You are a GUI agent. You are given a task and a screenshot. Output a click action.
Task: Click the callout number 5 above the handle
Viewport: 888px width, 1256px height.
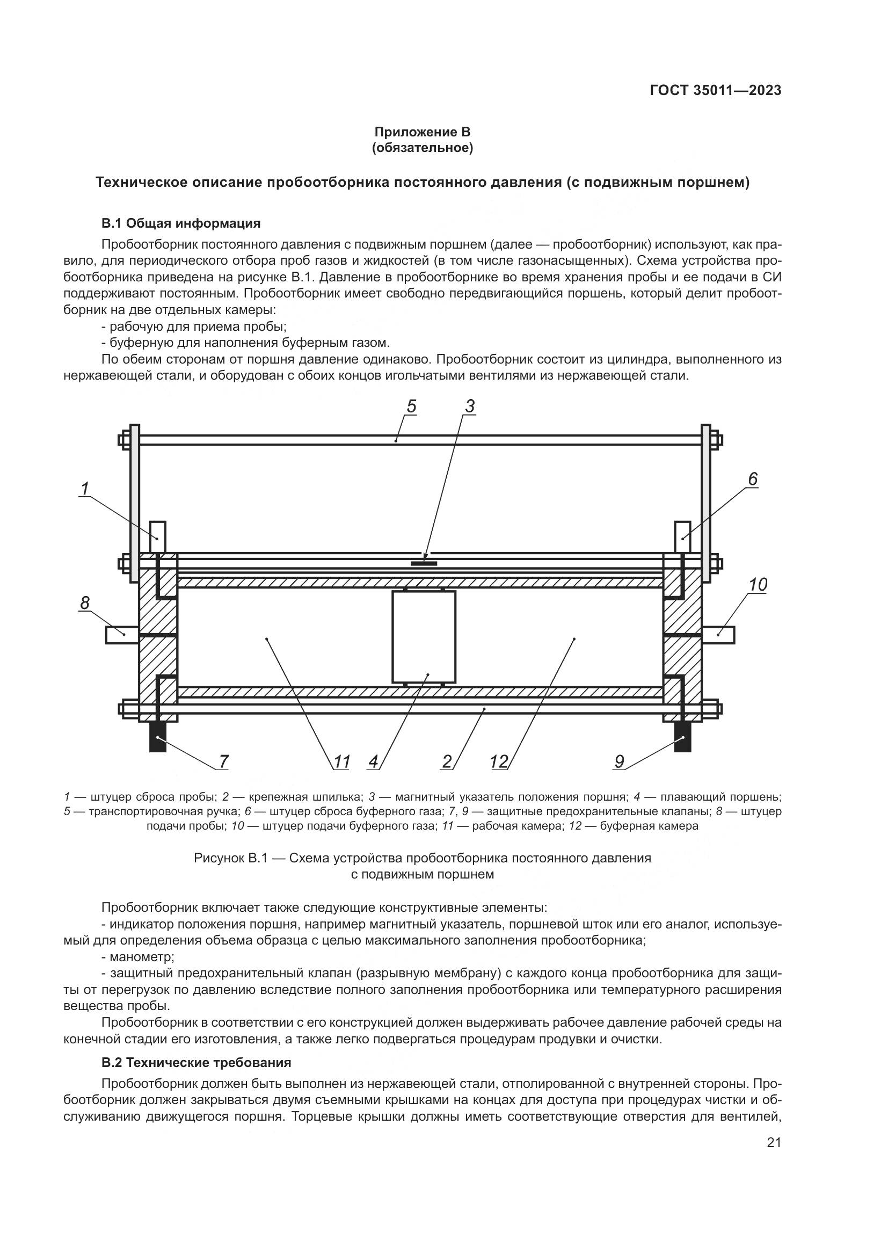tap(411, 406)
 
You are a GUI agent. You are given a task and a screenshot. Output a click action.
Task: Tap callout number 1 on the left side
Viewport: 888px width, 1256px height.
tap(85, 489)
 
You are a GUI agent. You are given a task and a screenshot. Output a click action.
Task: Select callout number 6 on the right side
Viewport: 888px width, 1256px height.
tap(752, 479)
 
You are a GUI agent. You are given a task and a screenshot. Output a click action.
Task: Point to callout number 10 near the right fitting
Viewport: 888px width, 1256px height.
tap(758, 585)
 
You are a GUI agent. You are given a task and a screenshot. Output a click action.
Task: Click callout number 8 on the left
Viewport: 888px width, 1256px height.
tap(85, 603)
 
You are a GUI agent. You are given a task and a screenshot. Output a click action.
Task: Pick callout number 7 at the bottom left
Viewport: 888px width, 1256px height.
tap(223, 761)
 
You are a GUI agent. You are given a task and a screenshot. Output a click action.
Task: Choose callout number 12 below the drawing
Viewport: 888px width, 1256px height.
tap(499, 761)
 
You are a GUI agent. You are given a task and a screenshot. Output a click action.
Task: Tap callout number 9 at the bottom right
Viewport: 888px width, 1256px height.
tap(619, 761)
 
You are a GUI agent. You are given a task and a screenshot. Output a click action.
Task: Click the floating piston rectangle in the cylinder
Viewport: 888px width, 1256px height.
tap(424, 637)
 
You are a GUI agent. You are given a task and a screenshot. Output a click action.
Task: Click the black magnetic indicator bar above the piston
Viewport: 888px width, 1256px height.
tap(424, 562)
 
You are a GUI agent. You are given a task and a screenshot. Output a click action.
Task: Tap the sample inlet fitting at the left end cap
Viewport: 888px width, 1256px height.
tap(122, 635)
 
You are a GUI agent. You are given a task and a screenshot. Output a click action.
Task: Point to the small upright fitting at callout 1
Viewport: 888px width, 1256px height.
tap(157, 536)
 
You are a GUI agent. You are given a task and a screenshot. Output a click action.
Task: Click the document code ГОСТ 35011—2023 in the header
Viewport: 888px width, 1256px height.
tap(715, 90)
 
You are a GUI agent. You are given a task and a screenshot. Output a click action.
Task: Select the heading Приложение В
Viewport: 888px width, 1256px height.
tap(422, 132)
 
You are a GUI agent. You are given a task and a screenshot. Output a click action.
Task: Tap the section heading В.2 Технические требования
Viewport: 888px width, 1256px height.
tap(196, 1062)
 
